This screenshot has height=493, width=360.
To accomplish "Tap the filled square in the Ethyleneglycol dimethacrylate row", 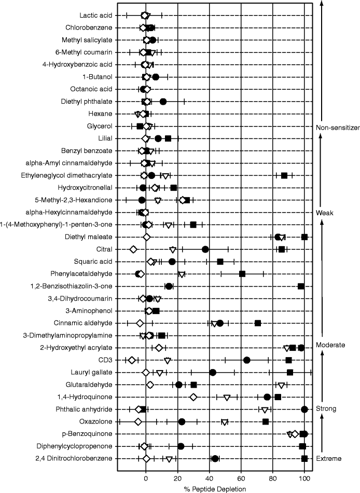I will tap(284, 176).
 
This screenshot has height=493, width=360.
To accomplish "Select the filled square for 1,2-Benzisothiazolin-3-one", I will tap(301, 286).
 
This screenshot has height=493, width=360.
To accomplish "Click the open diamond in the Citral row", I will tap(133, 249).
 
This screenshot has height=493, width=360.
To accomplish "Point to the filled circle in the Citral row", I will tap(205, 249).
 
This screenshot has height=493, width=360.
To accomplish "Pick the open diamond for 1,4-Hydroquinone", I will tap(193, 397).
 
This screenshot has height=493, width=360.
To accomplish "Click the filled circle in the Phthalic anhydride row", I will tap(304, 410).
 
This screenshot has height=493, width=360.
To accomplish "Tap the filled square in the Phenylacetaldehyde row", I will tap(242, 274).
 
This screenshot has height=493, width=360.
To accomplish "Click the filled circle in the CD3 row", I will tap(247, 360).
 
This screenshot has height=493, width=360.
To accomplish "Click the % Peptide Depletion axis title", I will tap(210, 488).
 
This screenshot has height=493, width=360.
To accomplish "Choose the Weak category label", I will tap(324, 213).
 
